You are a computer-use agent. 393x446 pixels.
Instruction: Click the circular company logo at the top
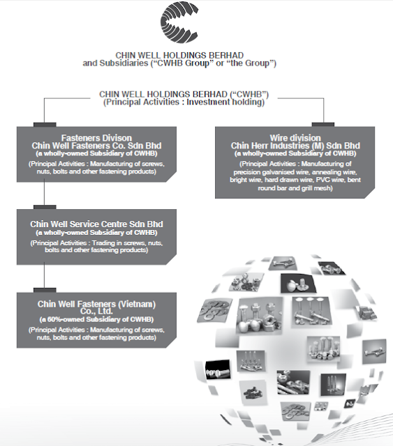179,22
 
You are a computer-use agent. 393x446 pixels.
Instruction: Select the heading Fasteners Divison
96,138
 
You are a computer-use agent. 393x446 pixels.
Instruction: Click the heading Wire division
295,138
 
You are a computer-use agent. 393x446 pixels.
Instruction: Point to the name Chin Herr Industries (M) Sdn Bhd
295,146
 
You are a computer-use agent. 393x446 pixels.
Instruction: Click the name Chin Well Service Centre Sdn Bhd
96,224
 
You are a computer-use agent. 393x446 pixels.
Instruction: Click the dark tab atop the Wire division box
323,125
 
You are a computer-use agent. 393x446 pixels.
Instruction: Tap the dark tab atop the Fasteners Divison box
45,125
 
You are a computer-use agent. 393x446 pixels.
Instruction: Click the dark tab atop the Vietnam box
45,291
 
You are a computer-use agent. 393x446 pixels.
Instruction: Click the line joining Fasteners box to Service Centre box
44,194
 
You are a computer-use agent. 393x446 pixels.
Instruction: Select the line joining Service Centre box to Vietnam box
44,277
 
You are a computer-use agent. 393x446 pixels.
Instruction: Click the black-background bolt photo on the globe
218,369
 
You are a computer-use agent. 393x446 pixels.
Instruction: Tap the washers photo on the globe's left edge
214,310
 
